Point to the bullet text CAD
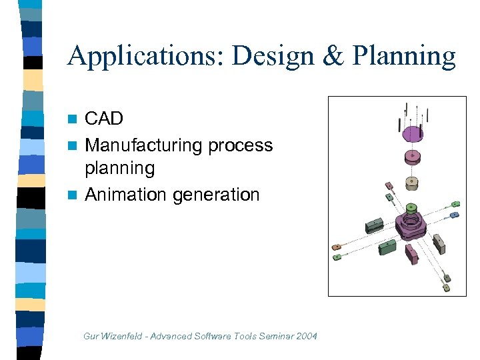[x=104, y=119]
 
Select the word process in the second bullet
[x=241, y=145]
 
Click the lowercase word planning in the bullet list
[x=119, y=168]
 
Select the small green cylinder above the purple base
[x=411, y=207]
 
